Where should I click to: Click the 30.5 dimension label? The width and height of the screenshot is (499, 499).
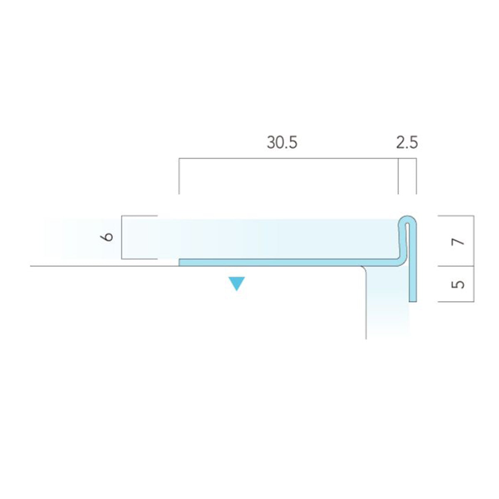(x=282, y=143)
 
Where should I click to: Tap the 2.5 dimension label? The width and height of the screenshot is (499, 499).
(x=407, y=143)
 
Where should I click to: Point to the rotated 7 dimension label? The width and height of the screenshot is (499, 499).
(x=457, y=242)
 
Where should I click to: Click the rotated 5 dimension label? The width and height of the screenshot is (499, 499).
(x=458, y=284)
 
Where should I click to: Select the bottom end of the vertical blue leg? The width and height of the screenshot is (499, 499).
(x=413, y=301)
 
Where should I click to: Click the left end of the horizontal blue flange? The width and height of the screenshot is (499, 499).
(x=180, y=262)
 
